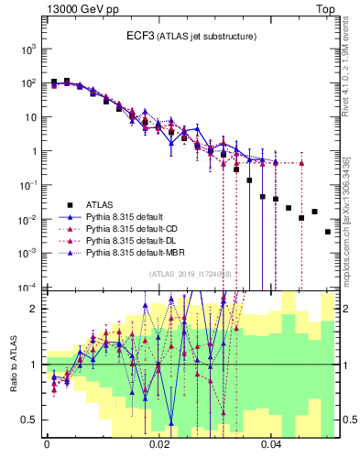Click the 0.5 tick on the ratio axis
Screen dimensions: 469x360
31,420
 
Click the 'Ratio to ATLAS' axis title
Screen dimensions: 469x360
13,365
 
